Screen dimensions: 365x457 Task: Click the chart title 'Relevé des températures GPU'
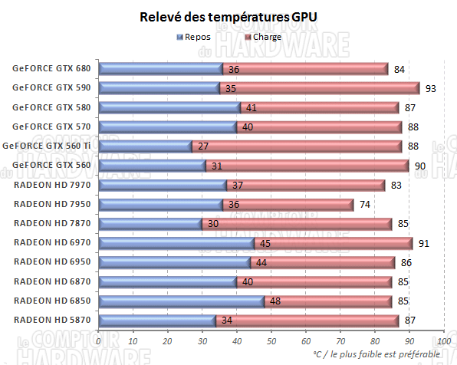pos(228,17)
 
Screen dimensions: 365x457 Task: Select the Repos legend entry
pos(197,36)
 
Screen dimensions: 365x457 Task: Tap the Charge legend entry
pos(263,36)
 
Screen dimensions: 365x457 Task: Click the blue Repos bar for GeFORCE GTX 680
pos(161,69)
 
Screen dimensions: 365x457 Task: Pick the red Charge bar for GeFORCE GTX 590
pos(320,88)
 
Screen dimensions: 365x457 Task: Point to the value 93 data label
pos(431,89)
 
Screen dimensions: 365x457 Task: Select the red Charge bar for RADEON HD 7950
pos(288,204)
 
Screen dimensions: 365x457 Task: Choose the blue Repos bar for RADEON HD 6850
pos(182,301)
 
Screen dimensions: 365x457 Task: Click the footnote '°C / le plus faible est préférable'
pos(377,353)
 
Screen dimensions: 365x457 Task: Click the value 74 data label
pos(365,205)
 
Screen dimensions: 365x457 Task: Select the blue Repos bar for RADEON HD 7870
pos(150,223)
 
